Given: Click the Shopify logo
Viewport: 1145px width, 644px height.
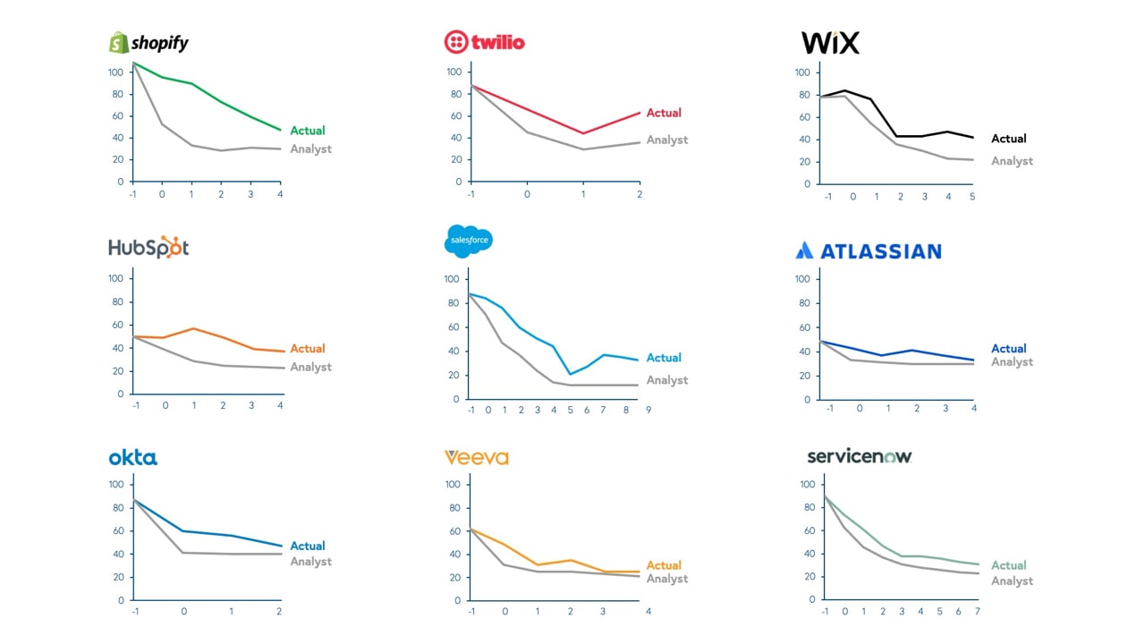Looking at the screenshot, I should click(x=148, y=42).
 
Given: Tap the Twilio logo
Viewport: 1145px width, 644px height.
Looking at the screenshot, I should click(x=485, y=42).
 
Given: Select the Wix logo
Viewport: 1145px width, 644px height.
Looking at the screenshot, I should click(x=830, y=42).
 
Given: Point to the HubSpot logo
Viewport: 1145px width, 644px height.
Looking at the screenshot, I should click(x=148, y=248).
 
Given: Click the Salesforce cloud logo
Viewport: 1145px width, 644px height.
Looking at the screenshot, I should click(x=468, y=241).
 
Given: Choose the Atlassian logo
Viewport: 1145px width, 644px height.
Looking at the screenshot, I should click(x=868, y=251).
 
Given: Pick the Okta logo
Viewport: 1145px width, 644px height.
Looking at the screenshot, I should click(x=132, y=458).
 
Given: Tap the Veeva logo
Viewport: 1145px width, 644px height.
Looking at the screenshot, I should click(x=476, y=458).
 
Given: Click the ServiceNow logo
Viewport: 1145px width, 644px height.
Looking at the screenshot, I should click(x=859, y=456).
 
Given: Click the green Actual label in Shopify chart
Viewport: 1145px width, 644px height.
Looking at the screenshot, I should click(x=308, y=131).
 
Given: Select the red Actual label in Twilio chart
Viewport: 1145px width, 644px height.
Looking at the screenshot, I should click(x=664, y=113).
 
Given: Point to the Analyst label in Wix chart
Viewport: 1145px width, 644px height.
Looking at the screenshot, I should click(x=1012, y=161).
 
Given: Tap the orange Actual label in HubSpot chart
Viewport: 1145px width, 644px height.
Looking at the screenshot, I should click(x=308, y=349).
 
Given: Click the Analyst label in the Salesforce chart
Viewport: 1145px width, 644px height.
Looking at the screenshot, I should click(x=667, y=380).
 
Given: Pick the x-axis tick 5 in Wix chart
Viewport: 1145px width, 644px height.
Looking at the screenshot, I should click(x=972, y=196).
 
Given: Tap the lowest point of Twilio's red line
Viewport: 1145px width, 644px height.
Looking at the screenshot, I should click(x=583, y=133).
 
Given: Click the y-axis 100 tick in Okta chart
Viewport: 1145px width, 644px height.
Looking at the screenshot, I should click(x=116, y=485).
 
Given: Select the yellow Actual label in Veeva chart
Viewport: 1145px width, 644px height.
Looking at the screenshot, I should click(x=664, y=565).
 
